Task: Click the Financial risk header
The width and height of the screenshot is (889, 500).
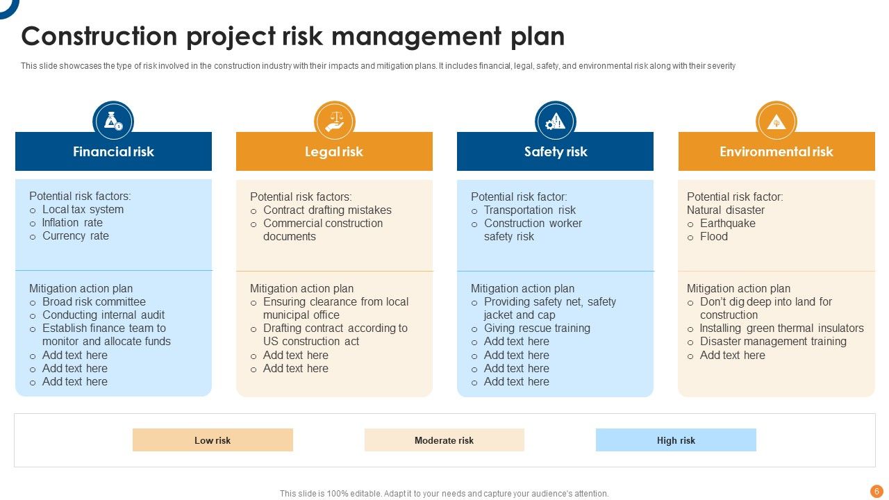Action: [x=113, y=151]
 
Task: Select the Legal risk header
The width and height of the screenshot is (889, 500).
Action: [x=334, y=151]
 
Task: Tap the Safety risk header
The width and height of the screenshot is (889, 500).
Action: [x=555, y=151]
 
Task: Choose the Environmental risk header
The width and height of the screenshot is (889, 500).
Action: [x=776, y=151]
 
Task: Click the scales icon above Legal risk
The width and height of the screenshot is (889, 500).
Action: [x=334, y=122]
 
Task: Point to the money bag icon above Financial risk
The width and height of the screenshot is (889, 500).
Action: [x=113, y=122]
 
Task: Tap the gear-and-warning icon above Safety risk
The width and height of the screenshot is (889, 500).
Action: [x=555, y=122]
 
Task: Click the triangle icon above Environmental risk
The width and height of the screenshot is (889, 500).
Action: [x=776, y=122]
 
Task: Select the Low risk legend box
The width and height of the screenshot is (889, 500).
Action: [x=213, y=440]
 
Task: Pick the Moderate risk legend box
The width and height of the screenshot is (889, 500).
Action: [x=444, y=440]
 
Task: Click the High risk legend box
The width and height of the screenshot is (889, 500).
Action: [x=676, y=440]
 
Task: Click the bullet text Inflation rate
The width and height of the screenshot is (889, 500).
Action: [x=72, y=223]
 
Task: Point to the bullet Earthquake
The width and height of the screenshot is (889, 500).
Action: [x=728, y=224]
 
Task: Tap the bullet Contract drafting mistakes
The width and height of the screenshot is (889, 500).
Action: [x=327, y=210]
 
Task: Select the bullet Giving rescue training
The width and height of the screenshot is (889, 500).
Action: [x=537, y=328]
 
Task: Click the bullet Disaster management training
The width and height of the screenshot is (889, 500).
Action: [x=773, y=342]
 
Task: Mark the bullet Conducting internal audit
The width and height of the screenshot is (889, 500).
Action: [x=103, y=315]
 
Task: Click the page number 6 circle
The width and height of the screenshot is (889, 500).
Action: [x=876, y=491]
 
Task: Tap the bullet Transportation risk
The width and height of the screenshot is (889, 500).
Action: [x=530, y=210]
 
